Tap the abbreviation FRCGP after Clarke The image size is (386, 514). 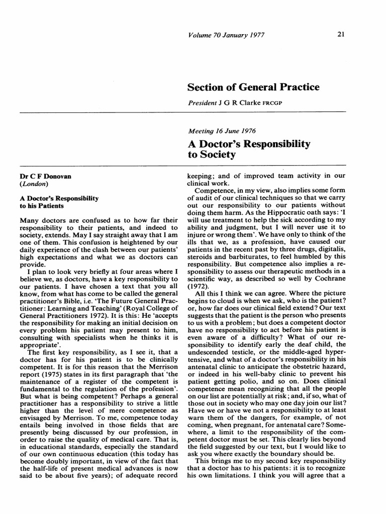(269, 103)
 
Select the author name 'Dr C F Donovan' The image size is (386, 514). (45, 177)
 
